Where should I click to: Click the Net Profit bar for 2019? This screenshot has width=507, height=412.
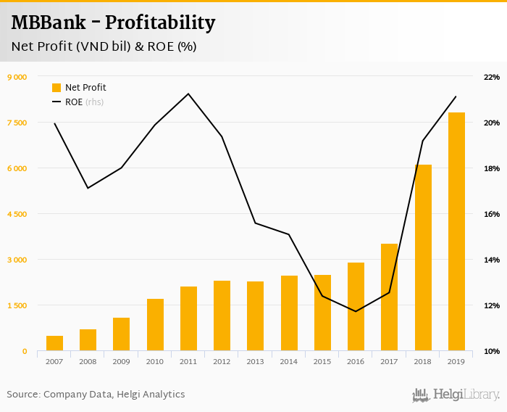[x=456, y=232]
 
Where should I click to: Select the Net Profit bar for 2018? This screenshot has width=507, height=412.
[x=423, y=258]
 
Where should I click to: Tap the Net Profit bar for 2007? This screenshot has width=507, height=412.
[x=54, y=344]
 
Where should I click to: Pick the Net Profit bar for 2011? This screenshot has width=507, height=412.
[x=188, y=319]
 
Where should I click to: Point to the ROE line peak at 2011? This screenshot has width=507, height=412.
[x=188, y=94]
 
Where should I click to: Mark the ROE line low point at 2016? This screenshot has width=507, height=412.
[x=356, y=311]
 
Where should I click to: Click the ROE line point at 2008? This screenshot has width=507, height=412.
[x=88, y=189]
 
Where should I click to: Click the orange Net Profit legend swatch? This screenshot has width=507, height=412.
[x=56, y=88]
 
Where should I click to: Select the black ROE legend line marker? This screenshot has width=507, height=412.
[x=56, y=102]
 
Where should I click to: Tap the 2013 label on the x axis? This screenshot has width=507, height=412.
[x=255, y=361]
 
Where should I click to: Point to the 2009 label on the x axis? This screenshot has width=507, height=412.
[x=121, y=361]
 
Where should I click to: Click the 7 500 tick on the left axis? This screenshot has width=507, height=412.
[x=17, y=123]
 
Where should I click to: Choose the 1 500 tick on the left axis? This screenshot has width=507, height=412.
[x=17, y=305]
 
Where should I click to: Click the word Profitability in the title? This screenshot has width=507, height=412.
[x=160, y=22]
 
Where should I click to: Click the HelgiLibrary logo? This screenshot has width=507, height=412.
[x=456, y=395]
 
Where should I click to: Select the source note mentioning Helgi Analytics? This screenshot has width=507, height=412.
[x=96, y=395]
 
